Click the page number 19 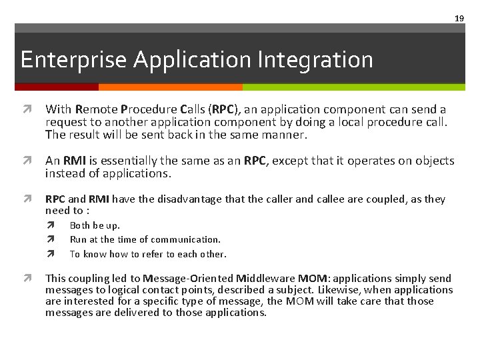coord(459,18)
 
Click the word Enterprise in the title coord(73,60)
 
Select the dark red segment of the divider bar coord(57,87)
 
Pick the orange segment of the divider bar coord(170,87)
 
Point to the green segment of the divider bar coord(353,87)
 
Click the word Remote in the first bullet coord(94,109)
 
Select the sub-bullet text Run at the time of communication coord(145,239)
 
